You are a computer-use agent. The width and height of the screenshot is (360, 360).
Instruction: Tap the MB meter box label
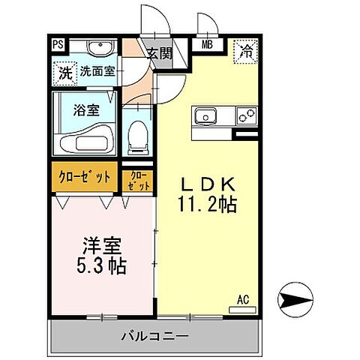coord(204,44)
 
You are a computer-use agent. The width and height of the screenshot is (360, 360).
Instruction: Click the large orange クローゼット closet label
coord(85,177)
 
